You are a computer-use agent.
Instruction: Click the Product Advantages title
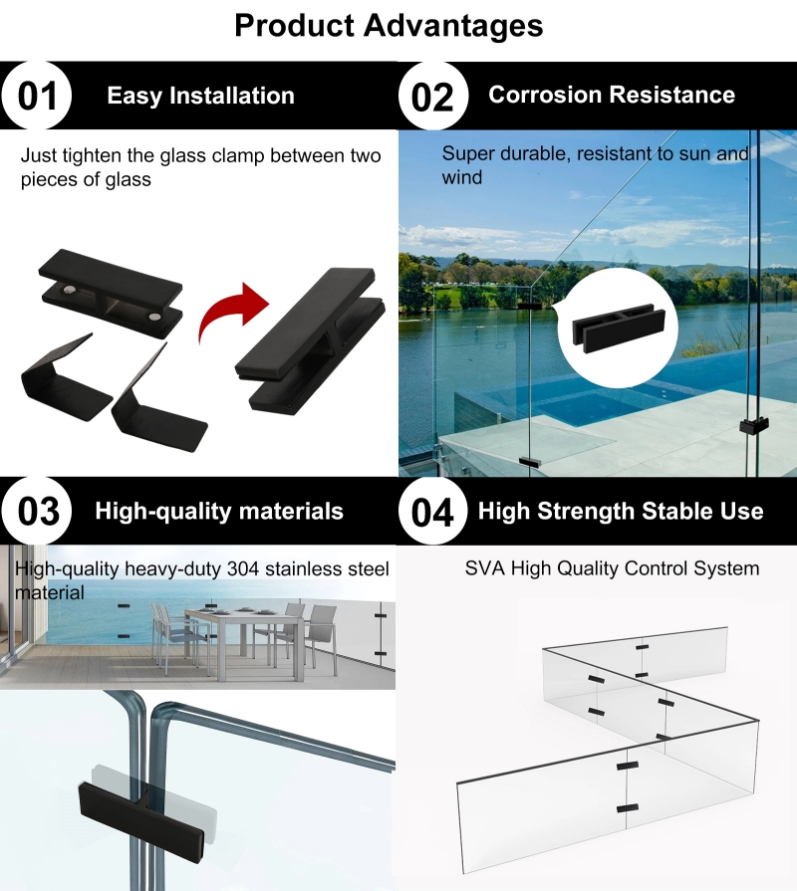coord(389,26)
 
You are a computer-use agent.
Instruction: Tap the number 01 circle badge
coord(37,96)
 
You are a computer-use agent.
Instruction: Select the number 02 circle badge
coord(432,96)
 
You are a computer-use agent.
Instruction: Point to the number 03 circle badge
coord(37,511)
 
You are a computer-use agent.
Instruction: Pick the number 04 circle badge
coord(432,511)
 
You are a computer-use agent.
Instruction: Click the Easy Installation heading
coord(200,96)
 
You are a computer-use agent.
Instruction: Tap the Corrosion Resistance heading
coord(612,95)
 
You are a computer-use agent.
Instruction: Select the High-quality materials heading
coord(219,511)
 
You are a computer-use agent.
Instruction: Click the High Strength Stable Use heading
coord(621,511)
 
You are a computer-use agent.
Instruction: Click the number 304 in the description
coord(243,568)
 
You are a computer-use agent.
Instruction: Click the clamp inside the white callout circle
coord(618,328)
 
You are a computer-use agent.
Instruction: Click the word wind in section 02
coord(462,178)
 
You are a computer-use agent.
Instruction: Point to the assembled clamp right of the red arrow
coord(311,340)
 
